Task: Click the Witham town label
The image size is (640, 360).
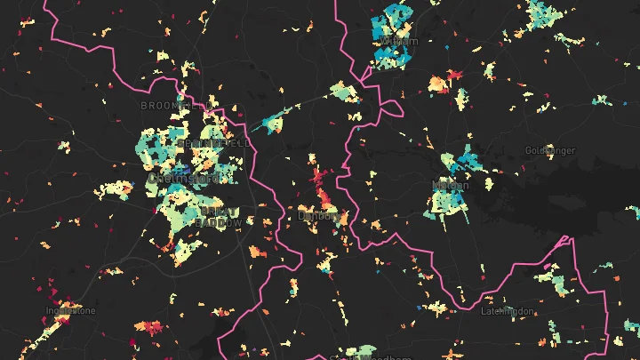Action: click(x=397, y=41)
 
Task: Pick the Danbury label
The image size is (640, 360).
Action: click(x=316, y=215)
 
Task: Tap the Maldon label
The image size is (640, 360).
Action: click(x=448, y=186)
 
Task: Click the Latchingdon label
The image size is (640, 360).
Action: click(x=505, y=311)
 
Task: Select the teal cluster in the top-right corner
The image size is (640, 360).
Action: click(x=541, y=12)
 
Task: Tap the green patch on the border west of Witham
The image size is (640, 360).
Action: click(x=343, y=92)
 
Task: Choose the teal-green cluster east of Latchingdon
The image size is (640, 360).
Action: click(x=559, y=285)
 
